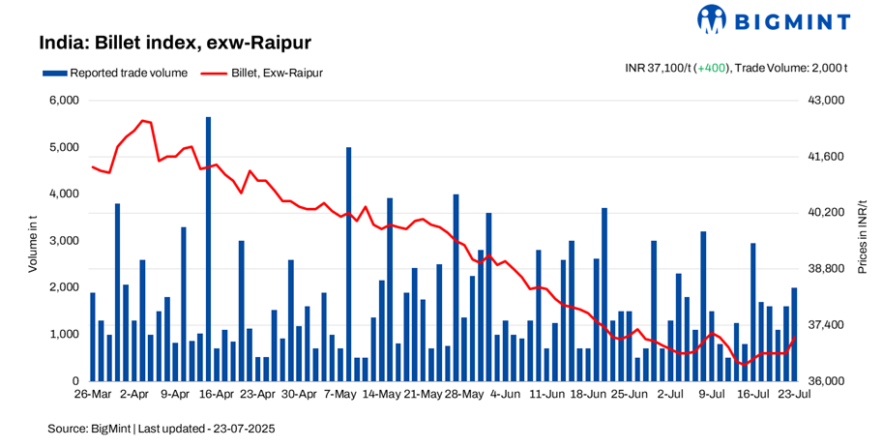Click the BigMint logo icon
712,19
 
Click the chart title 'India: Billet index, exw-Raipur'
174,44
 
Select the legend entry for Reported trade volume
109,73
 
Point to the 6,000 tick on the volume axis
64,101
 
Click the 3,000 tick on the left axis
64,241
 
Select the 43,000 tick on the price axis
826,101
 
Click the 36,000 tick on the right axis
826,381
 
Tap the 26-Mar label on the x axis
94,395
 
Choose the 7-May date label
340,395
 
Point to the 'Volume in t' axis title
32,241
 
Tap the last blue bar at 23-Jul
795,334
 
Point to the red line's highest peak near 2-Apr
142,121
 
